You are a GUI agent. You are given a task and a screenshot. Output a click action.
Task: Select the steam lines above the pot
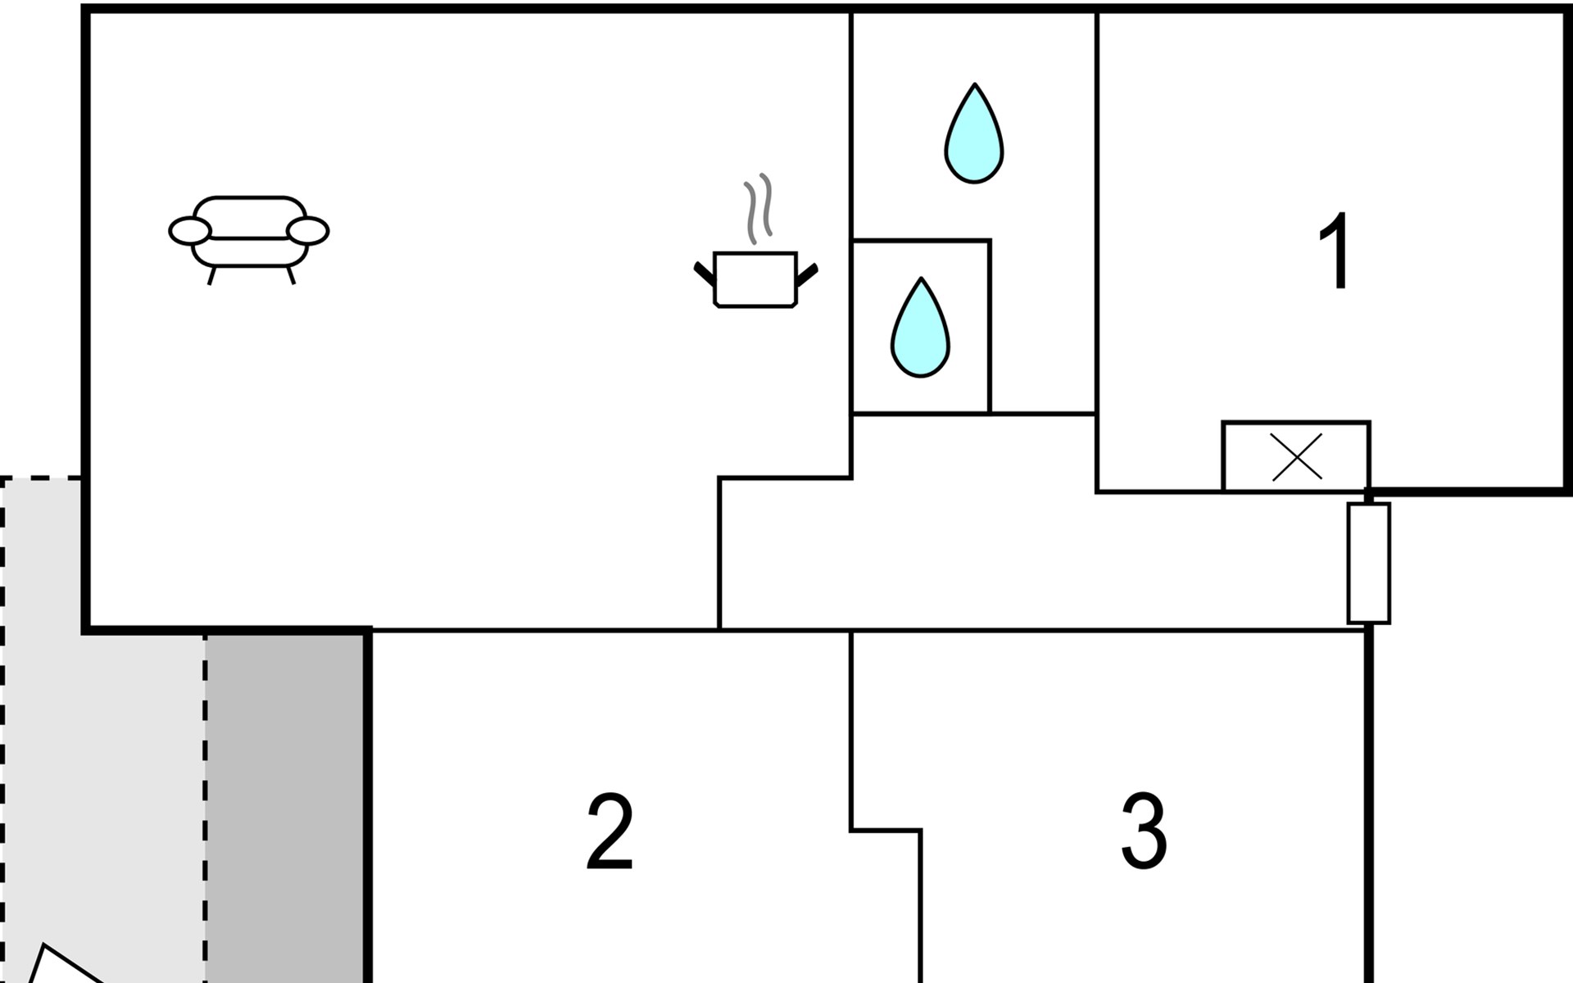(759, 208)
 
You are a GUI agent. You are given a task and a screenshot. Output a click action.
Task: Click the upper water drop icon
(974, 135)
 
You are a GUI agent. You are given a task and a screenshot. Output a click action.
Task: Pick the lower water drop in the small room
(921, 329)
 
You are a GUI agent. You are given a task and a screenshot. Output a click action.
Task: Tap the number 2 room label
(610, 832)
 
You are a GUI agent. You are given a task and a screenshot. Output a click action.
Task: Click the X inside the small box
(1296, 457)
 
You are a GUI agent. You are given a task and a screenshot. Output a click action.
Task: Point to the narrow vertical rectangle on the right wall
(1369, 564)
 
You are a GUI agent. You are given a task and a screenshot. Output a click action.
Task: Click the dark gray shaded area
(285, 808)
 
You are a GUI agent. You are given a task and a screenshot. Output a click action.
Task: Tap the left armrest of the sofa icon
(189, 232)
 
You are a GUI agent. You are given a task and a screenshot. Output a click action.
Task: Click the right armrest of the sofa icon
(308, 232)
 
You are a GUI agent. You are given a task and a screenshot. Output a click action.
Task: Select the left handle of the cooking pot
(705, 274)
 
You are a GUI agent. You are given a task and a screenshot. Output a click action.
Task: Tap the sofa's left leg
(211, 275)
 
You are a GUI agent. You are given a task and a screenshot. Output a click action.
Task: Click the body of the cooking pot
(755, 279)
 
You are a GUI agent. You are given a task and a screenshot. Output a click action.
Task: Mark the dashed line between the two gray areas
(206, 808)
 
